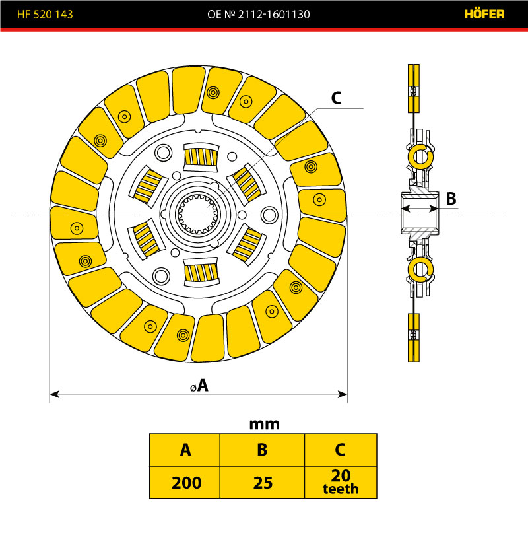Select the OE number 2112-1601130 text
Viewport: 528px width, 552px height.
pos(264,14)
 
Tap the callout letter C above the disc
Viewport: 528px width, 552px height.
pos(336,98)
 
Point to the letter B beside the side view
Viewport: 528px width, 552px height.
pos(451,198)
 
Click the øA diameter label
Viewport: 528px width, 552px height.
pos(198,386)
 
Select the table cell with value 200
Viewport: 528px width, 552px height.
pos(185,483)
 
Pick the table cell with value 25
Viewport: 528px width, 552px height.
pos(262,483)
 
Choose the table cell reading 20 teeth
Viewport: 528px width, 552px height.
pos(341,483)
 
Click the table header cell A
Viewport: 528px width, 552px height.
pos(185,450)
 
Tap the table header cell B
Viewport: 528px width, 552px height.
pos(262,450)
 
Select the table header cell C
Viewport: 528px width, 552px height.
pos(341,450)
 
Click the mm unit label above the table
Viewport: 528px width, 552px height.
pos(264,424)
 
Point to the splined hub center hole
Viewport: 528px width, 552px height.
pos(198,214)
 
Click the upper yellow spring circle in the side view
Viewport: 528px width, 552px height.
pos(420,156)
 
